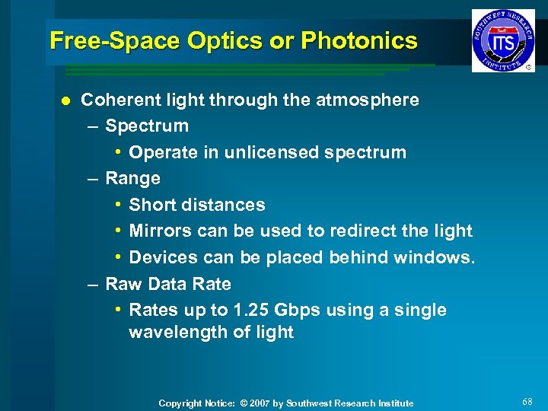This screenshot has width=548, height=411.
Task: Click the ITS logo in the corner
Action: (x=503, y=40)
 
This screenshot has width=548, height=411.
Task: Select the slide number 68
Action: (x=528, y=401)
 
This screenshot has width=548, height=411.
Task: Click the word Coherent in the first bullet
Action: (x=118, y=100)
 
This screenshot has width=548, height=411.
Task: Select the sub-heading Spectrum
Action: (x=147, y=126)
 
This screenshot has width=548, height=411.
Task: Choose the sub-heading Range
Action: (x=132, y=179)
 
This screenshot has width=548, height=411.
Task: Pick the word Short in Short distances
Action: (x=152, y=205)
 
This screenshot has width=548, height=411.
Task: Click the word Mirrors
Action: (x=161, y=231)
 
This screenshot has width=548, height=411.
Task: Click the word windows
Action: (x=434, y=257)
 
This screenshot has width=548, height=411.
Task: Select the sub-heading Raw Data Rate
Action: (x=167, y=284)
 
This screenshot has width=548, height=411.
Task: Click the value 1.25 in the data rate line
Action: (x=250, y=311)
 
